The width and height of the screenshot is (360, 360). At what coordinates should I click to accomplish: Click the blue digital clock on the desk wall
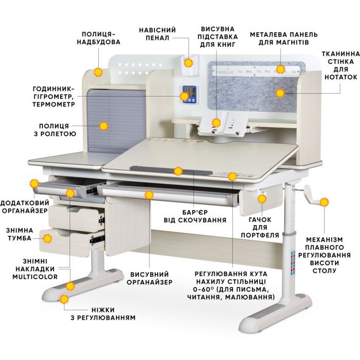[189, 94]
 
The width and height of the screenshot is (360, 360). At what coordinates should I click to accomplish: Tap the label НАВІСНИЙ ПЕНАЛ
[157, 34]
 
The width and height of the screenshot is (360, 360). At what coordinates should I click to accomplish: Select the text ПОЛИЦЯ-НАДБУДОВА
[99, 38]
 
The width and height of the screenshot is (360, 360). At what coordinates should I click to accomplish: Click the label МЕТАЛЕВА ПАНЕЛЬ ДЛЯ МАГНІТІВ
[284, 39]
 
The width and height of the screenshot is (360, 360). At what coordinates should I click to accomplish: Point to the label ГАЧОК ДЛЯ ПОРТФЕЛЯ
[260, 227]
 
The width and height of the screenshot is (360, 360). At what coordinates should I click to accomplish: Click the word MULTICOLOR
[35, 277]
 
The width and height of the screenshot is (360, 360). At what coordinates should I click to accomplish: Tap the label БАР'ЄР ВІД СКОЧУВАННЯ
[195, 216]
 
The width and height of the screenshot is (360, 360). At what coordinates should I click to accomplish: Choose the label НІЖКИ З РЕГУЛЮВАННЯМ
[103, 314]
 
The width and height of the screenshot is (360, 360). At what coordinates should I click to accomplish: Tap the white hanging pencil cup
[190, 64]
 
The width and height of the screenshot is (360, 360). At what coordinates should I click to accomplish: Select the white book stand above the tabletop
[223, 124]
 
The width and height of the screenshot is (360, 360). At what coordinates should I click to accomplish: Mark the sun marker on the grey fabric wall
[280, 93]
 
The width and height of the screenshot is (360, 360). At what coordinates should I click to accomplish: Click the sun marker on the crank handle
[324, 202]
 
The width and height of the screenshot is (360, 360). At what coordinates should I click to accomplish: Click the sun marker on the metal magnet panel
[280, 69]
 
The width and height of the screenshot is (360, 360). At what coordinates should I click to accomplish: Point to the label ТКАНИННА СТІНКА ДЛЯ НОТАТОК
[340, 65]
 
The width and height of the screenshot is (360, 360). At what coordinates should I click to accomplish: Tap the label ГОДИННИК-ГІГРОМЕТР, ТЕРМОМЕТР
[53, 97]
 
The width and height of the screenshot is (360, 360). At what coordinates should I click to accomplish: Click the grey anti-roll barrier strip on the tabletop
[171, 171]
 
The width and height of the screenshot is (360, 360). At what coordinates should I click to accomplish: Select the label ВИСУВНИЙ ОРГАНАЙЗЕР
[150, 278]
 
